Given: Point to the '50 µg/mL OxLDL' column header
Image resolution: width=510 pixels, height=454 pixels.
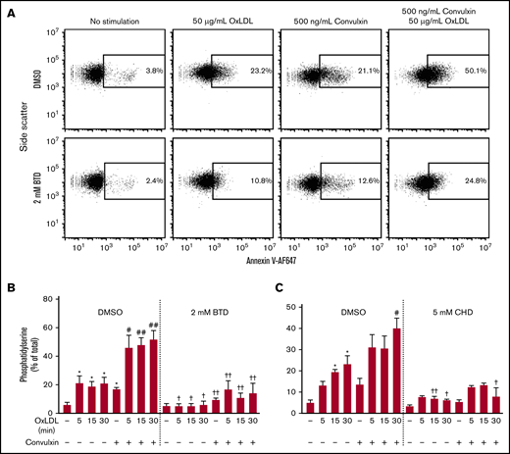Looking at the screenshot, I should coord(219,21).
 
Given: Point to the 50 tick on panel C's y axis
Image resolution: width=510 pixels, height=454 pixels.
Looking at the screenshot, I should coord(289,307).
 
